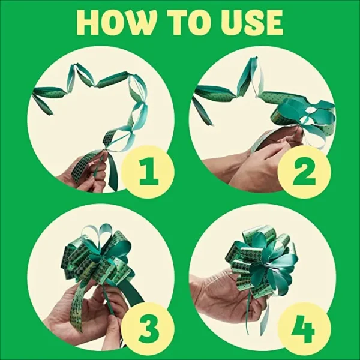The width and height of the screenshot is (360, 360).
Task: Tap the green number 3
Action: pos(146,329)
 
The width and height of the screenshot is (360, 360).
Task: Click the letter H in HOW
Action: pos(88,22)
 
